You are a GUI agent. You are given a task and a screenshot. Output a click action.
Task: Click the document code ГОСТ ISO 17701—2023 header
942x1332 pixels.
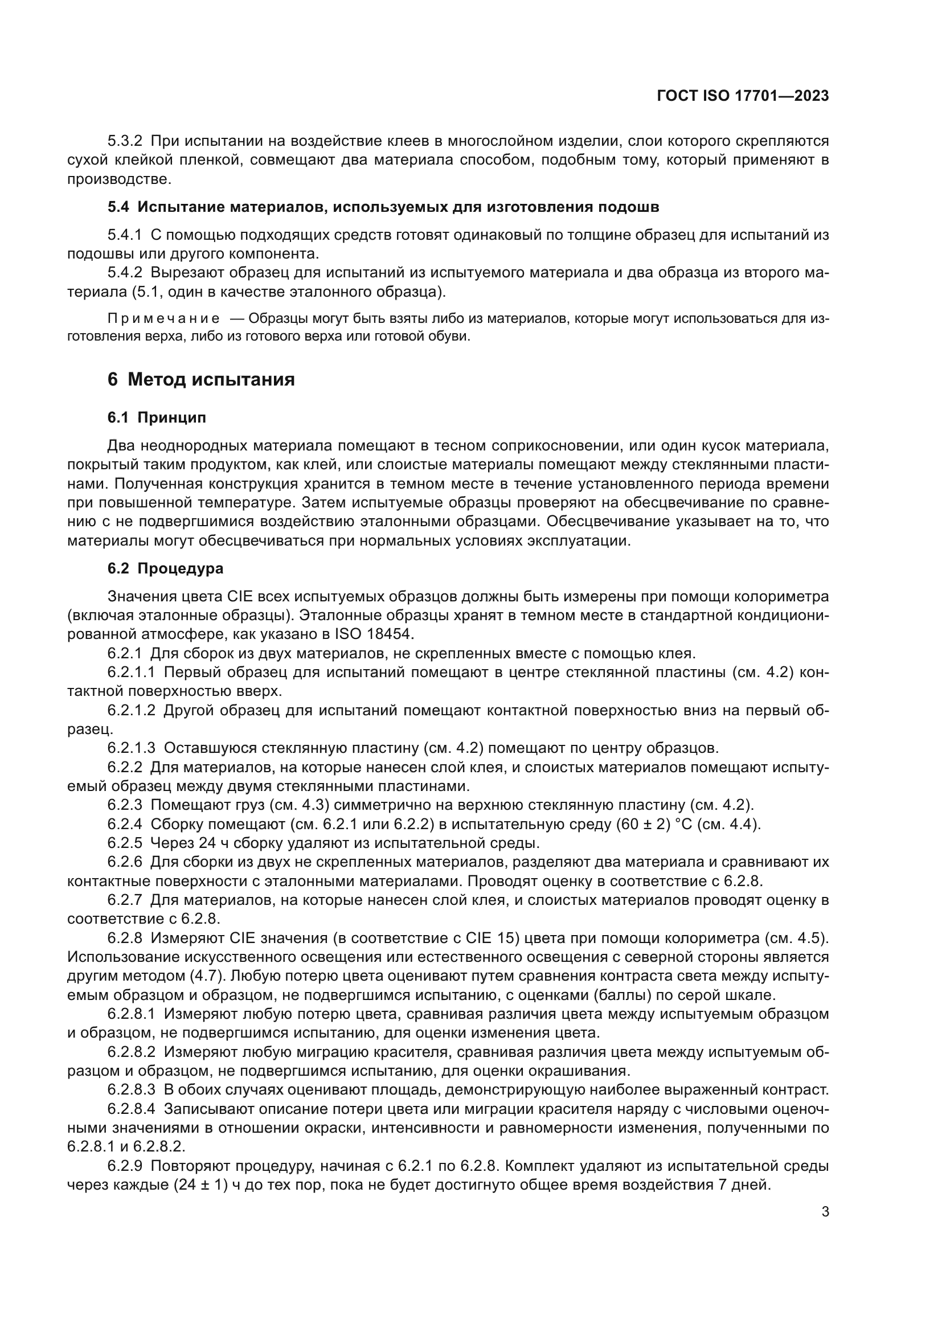pos(743,96)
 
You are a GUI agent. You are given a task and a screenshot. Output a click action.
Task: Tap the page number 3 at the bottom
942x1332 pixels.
pos(825,1211)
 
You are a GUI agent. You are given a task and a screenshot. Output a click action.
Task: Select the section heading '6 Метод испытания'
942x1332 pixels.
pos(200,379)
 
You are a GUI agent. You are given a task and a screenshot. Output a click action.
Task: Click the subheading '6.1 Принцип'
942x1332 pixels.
pos(157,417)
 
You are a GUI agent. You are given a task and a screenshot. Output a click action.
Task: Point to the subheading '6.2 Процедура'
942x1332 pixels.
pos(165,568)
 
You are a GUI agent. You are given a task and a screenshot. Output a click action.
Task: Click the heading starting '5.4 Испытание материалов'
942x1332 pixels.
pos(383,207)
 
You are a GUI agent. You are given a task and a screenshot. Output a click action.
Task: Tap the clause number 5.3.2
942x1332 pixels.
pos(125,141)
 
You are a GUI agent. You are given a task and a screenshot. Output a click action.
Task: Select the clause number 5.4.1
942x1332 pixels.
pos(125,235)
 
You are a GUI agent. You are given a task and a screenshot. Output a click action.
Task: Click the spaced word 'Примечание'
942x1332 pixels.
pos(163,318)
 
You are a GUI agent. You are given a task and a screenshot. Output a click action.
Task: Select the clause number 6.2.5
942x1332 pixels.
pos(125,843)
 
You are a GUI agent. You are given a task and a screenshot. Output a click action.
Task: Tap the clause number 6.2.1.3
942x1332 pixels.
pos(131,748)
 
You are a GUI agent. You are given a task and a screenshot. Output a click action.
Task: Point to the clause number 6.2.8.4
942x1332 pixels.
pos(131,1109)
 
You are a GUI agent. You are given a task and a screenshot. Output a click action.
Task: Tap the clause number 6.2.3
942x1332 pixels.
pos(125,805)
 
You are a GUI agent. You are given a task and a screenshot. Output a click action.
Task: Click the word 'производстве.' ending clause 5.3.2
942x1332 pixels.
pos(120,179)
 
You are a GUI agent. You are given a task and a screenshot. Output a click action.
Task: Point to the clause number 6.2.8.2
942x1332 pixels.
pos(131,1052)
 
